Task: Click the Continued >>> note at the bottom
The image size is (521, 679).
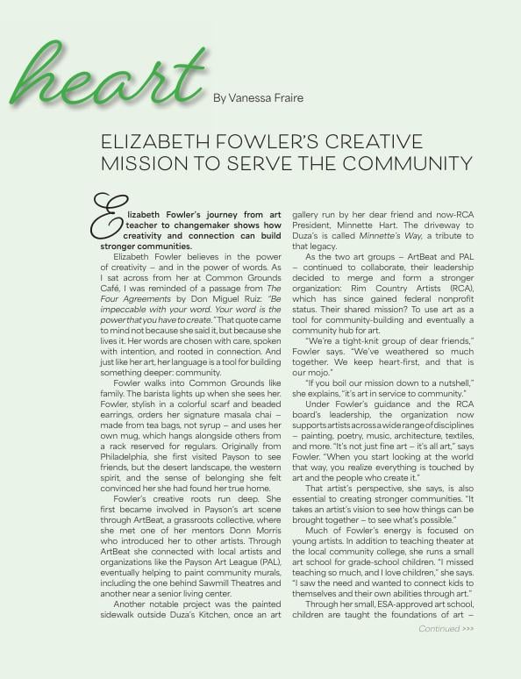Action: coord(446,629)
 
